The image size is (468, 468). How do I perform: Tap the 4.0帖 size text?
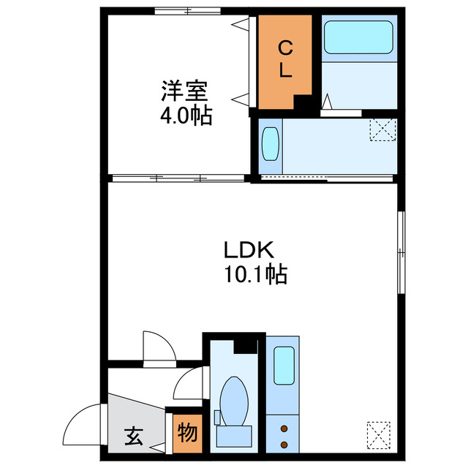(x=185, y=115)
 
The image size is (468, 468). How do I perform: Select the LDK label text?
(x=249, y=251)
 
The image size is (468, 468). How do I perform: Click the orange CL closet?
(x=285, y=60)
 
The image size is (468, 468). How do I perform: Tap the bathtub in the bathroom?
(x=358, y=37)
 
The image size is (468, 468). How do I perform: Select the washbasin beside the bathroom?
(x=271, y=144)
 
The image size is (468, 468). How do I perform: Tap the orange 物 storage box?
(x=187, y=434)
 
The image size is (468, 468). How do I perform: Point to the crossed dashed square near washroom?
(x=382, y=129)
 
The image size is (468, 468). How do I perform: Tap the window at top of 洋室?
(x=186, y=11)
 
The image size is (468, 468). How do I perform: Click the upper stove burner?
(x=284, y=427)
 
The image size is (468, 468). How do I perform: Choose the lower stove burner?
(x=284, y=443)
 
